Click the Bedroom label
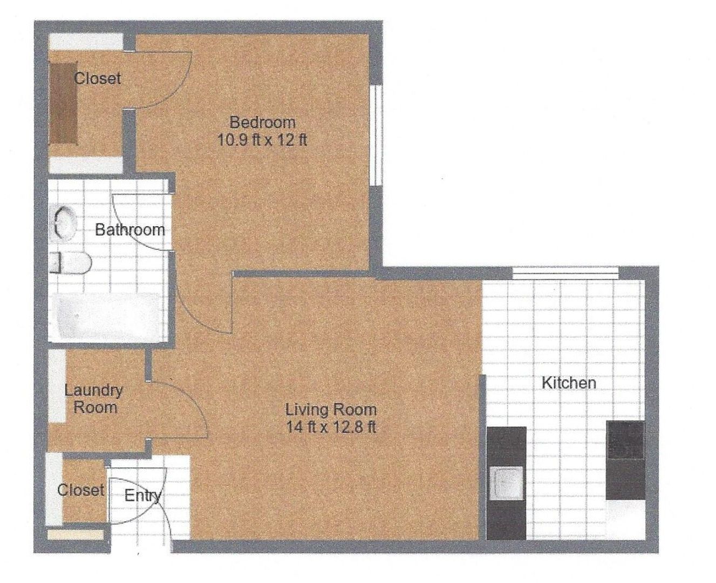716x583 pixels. click(263, 122)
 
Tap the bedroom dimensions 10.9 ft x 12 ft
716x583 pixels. click(263, 139)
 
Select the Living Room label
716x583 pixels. click(331, 410)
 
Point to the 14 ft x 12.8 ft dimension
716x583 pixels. click(331, 428)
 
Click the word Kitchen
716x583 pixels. click(569, 383)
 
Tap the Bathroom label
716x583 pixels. click(130, 230)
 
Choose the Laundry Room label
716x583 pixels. click(94, 399)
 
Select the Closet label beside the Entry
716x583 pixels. click(81, 490)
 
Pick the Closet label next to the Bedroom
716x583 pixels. click(98, 79)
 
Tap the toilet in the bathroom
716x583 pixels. click(71, 263)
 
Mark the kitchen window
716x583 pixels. click(565, 273)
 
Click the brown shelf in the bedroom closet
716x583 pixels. click(63, 104)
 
